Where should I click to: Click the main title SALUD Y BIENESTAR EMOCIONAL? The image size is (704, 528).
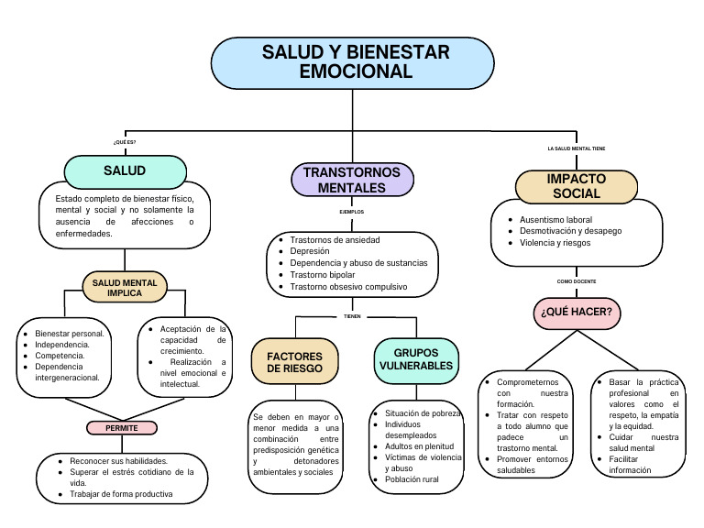click(x=355, y=62)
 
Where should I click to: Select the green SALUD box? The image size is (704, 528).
click(x=125, y=170)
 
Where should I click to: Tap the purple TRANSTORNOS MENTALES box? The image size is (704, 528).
click(x=351, y=180)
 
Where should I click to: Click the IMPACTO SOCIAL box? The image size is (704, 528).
click(x=576, y=186)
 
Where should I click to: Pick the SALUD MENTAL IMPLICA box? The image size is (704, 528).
click(x=125, y=288)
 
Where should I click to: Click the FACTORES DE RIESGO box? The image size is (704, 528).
click(x=294, y=361)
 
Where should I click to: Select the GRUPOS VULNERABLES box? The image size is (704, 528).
click(x=415, y=358)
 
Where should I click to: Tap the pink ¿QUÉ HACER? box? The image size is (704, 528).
click(x=576, y=313)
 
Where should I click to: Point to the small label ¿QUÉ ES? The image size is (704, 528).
click(x=124, y=142)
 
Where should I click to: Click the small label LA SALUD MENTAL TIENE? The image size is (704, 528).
click(x=576, y=148)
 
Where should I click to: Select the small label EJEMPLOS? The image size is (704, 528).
click(x=351, y=212)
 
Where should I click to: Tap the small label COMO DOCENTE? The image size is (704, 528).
click(x=576, y=281)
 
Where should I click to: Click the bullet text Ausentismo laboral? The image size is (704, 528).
click(x=555, y=220)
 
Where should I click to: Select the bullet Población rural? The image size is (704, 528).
click(x=412, y=479)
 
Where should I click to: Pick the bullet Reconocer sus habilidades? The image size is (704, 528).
click(x=119, y=460)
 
